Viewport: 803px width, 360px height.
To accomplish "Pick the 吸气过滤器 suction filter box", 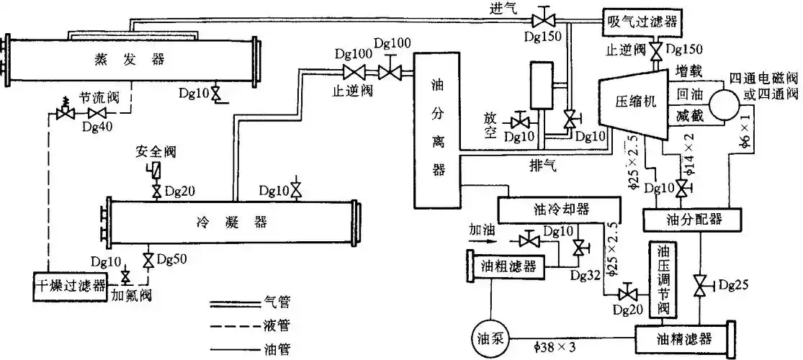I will coord(640,21).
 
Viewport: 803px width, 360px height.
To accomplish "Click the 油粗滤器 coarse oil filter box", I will coord(508,266).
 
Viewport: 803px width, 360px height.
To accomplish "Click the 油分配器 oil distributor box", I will coord(691,218).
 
